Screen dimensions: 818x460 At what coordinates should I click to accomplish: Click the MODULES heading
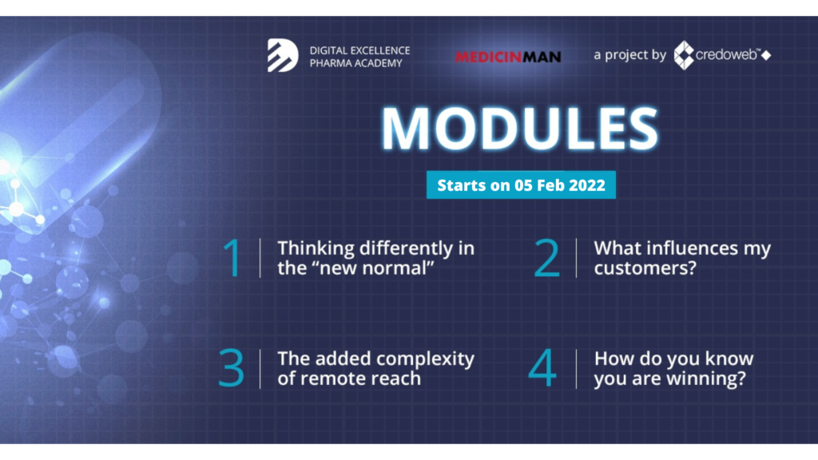coord(519,129)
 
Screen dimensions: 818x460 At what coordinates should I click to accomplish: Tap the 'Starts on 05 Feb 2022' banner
coord(521,184)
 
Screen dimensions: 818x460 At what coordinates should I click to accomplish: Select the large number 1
coord(232,257)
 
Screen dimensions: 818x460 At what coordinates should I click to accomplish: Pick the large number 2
coord(546,257)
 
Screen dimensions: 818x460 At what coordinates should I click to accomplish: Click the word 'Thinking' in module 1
coord(316,249)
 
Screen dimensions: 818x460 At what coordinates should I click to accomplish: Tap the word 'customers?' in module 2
coord(645,268)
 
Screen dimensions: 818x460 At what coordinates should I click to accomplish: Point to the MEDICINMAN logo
coord(508,57)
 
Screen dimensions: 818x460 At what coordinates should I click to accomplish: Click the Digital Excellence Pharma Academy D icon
coord(283,55)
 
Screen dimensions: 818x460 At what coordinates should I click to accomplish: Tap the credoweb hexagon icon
coord(684,55)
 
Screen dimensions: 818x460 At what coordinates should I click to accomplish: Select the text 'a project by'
coord(630,55)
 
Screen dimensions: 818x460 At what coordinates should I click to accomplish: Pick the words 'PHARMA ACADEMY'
coord(355,63)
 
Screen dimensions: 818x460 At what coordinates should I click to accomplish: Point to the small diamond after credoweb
coord(766,55)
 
